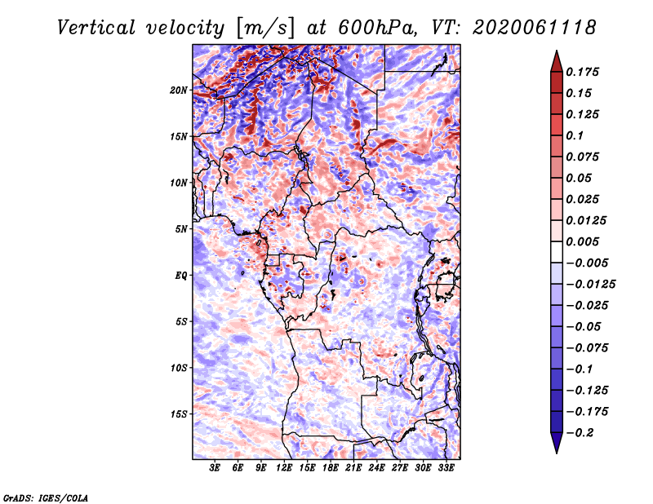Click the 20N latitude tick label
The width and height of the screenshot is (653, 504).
click(179, 90)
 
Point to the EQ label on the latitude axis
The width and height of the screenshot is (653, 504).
click(180, 275)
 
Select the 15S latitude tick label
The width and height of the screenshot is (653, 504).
click(179, 413)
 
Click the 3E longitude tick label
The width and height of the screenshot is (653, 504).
click(215, 468)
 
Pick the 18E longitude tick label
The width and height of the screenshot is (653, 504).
click(331, 468)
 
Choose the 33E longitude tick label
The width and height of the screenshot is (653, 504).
click(446, 468)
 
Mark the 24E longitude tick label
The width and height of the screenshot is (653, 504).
click(376, 468)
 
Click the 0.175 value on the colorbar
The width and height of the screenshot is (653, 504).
click(585, 72)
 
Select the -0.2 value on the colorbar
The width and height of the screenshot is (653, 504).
click(583, 432)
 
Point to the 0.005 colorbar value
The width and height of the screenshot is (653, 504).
click(585, 241)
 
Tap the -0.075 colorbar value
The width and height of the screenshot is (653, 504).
click(588, 347)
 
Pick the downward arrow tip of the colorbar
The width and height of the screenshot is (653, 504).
click(556, 451)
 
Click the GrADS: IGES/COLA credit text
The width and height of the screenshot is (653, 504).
click(45, 497)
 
